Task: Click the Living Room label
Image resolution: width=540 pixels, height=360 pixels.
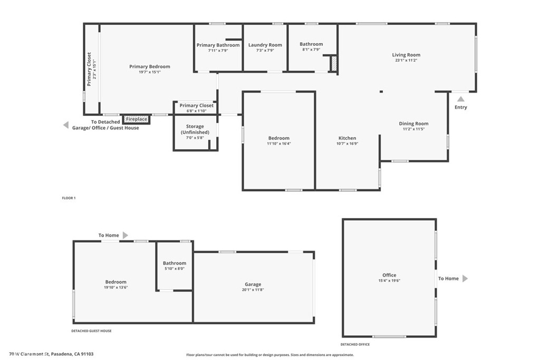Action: tap(406, 55)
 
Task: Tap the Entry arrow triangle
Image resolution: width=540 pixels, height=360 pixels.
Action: tap(460, 99)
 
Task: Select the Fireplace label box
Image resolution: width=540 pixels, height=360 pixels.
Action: tap(137, 119)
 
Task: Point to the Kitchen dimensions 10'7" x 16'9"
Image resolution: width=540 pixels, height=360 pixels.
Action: tap(347, 143)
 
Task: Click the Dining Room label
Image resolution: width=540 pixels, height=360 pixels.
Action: tap(413, 123)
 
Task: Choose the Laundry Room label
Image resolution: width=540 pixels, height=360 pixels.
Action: tap(265, 45)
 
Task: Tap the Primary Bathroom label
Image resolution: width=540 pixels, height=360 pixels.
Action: tap(218, 45)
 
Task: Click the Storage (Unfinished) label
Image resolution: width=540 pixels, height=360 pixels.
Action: tap(195, 130)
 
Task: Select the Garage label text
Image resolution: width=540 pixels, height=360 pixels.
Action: tap(253, 284)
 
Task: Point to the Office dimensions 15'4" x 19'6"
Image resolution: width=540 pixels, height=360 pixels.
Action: tap(389, 280)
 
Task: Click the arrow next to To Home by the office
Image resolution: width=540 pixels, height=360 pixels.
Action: tap(465, 278)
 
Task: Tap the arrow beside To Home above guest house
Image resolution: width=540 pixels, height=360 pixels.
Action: tap(126, 235)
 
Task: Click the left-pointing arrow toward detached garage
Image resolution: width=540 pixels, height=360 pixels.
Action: tap(66, 125)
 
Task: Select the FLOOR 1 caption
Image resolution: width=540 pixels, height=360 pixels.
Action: tap(69, 198)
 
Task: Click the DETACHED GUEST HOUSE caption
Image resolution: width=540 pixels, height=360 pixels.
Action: tap(91, 330)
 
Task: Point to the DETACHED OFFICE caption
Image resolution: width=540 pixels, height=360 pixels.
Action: tap(355, 344)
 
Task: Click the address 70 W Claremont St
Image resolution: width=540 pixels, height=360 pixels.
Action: tap(30, 354)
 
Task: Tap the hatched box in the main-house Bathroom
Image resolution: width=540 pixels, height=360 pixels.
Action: tap(334, 64)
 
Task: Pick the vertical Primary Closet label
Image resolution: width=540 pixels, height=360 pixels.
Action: tap(89, 69)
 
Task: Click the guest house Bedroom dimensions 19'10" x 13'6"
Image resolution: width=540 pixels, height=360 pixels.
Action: tap(115, 287)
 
